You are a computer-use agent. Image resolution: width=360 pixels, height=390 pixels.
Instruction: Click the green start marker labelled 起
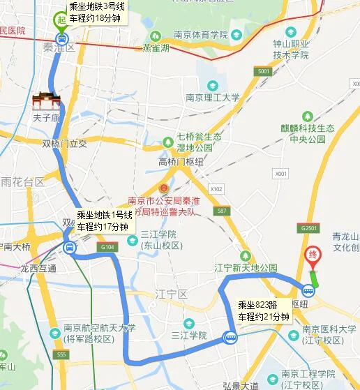point(61,20)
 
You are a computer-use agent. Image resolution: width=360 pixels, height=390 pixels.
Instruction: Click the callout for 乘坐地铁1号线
point(103,220)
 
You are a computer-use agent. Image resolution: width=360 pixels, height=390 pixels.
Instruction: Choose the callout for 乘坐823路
point(263,310)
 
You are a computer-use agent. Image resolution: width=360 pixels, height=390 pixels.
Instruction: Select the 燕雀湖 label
point(156,49)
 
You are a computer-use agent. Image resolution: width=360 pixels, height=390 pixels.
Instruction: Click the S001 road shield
point(262,72)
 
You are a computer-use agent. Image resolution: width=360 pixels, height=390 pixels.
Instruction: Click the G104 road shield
point(107,247)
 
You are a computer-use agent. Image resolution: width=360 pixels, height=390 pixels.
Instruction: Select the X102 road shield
point(216,188)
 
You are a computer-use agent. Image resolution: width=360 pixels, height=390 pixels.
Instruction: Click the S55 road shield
point(63,355)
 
